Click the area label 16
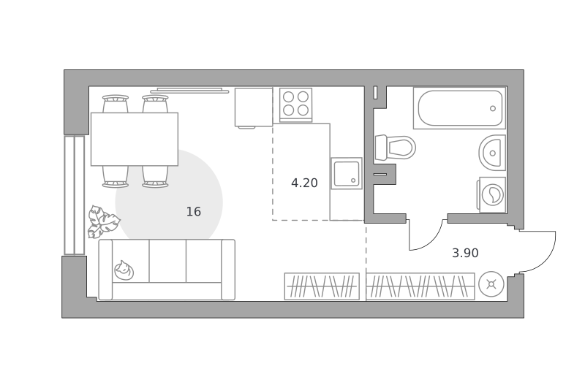[194, 212]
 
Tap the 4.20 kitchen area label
[304, 183]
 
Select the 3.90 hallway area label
[465, 253]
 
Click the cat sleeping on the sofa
[124, 270]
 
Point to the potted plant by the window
[102, 222]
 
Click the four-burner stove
[295, 104]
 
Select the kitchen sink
[347, 173]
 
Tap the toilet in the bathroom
[396, 147]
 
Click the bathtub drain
[493, 108]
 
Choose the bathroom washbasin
[492, 153]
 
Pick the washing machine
[491, 194]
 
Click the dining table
[135, 139]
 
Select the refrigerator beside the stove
[254, 107]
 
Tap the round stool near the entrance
[491, 284]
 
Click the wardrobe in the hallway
[420, 286]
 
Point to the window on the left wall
[75, 195]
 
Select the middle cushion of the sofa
[167, 261]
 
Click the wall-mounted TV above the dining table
[189, 91]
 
